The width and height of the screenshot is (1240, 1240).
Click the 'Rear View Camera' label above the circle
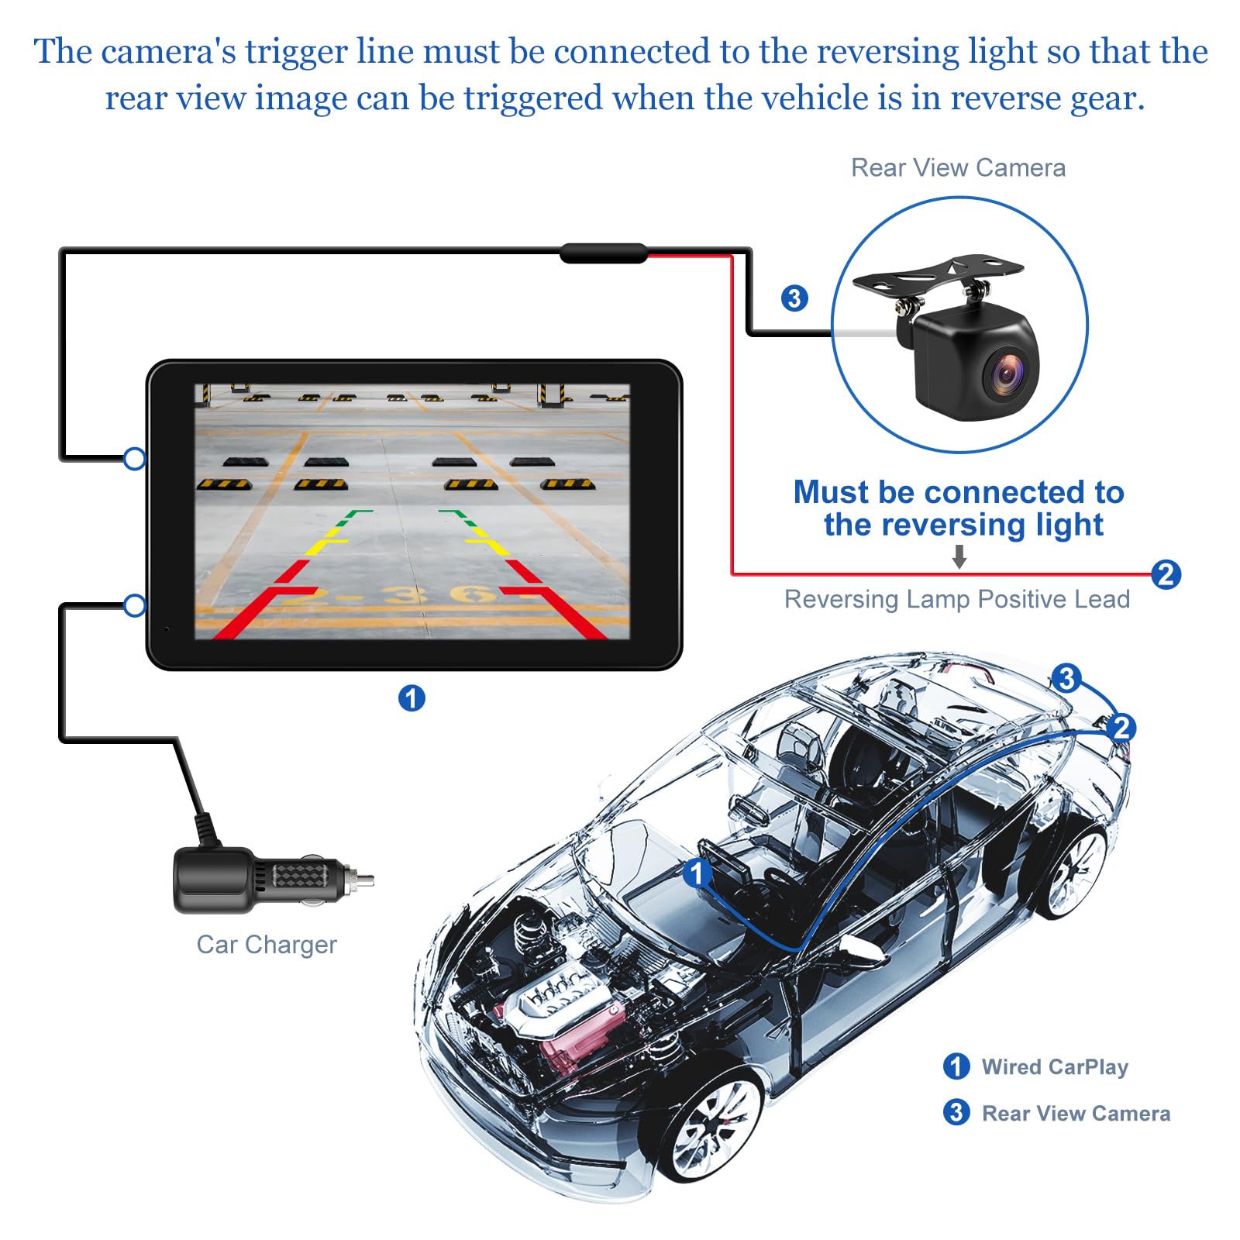click(x=958, y=167)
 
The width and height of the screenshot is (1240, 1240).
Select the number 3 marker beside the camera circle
click(x=794, y=298)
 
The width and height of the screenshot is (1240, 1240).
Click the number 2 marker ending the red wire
click(x=1166, y=574)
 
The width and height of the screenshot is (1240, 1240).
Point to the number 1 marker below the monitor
click(x=412, y=697)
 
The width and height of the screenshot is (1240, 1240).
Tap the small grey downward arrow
click(x=959, y=556)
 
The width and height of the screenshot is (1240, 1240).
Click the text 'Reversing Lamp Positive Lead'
click(x=956, y=599)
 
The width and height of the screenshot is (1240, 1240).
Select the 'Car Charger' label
click(x=267, y=944)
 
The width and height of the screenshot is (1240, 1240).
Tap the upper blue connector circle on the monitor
click(x=135, y=459)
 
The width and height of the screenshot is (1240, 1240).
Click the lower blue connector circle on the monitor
click(x=135, y=605)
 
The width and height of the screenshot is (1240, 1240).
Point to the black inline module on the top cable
click(x=603, y=253)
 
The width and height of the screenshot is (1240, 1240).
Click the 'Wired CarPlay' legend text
click(x=1054, y=1066)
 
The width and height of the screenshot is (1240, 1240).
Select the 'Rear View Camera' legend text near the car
click(x=1076, y=1113)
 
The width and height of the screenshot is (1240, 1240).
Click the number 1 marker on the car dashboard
click(x=696, y=873)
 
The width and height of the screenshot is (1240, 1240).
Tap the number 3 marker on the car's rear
click(x=1066, y=678)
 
